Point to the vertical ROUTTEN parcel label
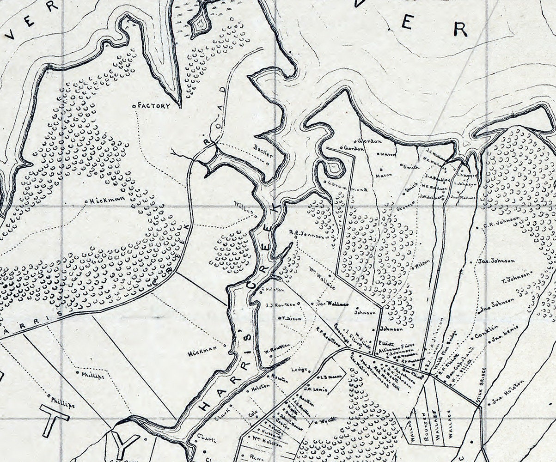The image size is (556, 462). click(x=427, y=427)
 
